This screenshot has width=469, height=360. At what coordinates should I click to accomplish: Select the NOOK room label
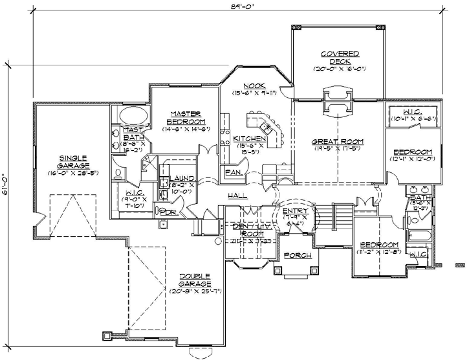coord(252,86)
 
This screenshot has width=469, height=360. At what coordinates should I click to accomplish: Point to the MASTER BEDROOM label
coord(184,118)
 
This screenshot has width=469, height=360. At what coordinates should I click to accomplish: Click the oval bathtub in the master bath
coord(135,117)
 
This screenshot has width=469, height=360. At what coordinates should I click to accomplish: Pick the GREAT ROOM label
coord(337,141)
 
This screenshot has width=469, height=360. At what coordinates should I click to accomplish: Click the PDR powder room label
coord(168,212)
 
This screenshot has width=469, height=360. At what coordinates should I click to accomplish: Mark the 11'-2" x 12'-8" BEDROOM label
coord(378,245)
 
